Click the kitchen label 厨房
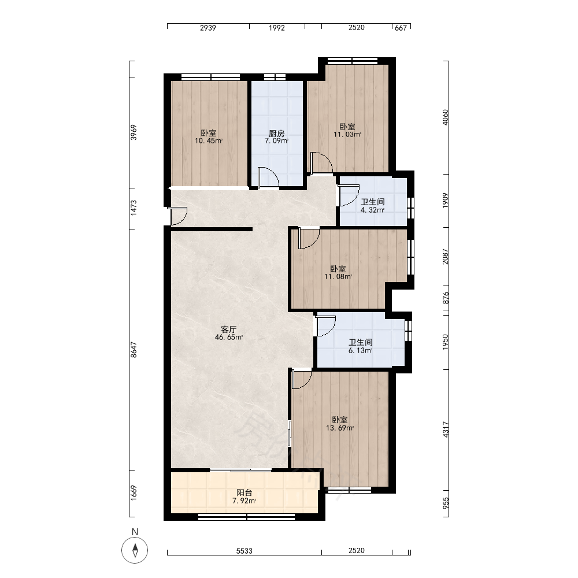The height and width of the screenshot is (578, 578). (276, 133)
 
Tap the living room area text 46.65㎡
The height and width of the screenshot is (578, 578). (228, 337)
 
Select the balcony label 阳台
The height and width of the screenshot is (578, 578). (244, 492)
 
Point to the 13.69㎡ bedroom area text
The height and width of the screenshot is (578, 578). (340, 428)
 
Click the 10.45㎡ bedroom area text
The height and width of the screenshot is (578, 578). (209, 141)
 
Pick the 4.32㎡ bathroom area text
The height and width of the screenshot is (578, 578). (372, 210)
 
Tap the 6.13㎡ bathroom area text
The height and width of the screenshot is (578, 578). (360, 351)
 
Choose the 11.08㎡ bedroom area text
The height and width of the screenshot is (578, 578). (338, 277)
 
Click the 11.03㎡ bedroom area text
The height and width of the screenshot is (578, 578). (347, 135)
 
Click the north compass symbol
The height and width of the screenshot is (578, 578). (135, 550)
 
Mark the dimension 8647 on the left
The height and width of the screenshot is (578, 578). (134, 350)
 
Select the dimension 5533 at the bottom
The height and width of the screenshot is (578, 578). (244, 551)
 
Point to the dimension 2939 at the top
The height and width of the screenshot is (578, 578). (208, 28)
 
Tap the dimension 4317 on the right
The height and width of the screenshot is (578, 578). (446, 430)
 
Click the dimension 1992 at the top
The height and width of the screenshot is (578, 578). (277, 28)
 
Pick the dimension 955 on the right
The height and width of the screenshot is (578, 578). (446, 503)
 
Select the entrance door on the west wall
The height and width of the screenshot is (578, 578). (179, 216)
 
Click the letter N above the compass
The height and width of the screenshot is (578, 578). (135, 532)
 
